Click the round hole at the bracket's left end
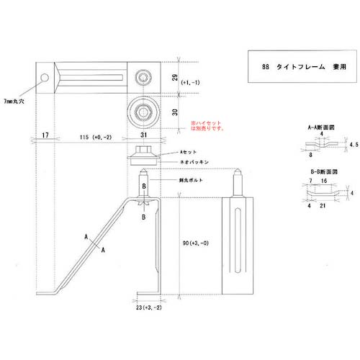45,76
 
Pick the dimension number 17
45,135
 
